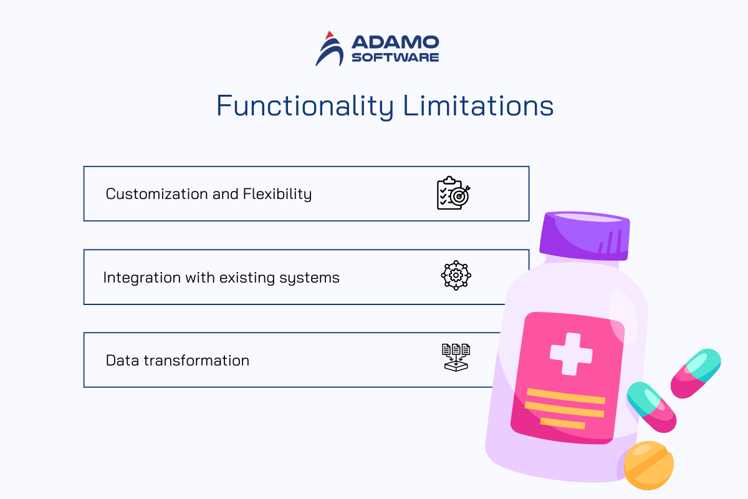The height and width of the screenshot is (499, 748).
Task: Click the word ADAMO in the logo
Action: [x=395, y=42]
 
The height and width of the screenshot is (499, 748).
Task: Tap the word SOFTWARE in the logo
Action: [x=395, y=57]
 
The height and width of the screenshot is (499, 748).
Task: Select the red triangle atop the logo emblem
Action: [x=330, y=35]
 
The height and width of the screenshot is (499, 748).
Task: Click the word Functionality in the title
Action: [x=305, y=106]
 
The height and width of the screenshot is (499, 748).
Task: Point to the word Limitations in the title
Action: [x=478, y=105]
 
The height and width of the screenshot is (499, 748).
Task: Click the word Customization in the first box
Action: [x=156, y=194]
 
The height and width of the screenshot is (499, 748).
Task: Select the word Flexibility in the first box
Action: [x=277, y=194]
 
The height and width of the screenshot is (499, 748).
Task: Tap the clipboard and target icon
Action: [x=454, y=193]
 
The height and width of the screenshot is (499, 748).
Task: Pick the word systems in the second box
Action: [x=309, y=278]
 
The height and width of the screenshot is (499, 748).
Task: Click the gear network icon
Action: [x=456, y=275]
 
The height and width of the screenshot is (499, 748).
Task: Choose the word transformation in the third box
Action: [x=196, y=361]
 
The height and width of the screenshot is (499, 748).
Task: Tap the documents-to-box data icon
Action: [x=456, y=357]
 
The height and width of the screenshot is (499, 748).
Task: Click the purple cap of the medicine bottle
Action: [x=585, y=236]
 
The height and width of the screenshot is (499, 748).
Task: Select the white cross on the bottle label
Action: [x=571, y=354]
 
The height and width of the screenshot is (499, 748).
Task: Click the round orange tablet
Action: [x=648, y=465]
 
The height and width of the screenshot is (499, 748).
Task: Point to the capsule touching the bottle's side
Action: [x=651, y=407]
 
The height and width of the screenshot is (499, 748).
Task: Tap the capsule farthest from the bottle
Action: [x=696, y=374]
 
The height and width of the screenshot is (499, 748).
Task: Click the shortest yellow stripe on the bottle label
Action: [x=563, y=423]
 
